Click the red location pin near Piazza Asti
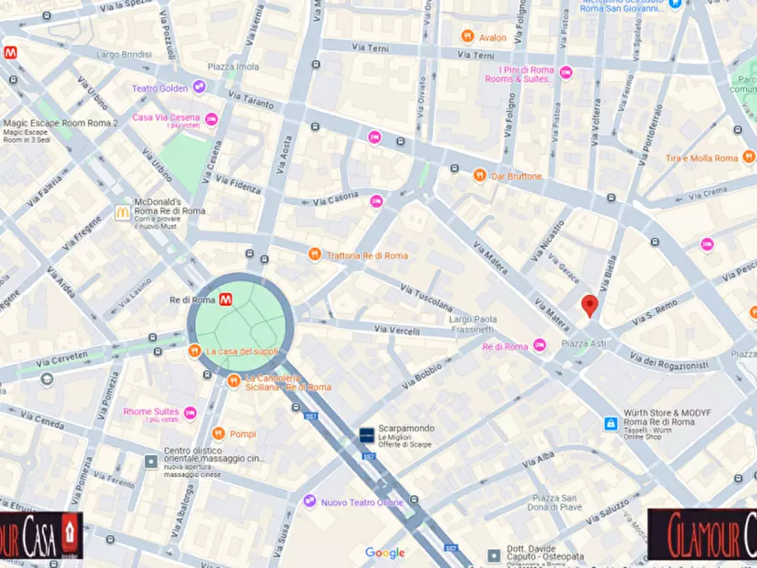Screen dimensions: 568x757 [589, 305]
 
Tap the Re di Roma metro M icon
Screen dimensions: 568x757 [225, 299]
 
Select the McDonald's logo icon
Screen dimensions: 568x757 [123, 213]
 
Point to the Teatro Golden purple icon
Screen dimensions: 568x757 [198, 87]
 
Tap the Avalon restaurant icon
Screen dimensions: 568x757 [467, 36]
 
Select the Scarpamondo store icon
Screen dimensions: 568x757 [366, 434]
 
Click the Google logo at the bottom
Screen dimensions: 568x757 [385, 553]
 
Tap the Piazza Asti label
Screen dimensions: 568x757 [584, 344]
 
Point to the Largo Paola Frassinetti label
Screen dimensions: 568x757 [470, 324]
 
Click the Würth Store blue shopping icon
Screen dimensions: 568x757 [610, 423]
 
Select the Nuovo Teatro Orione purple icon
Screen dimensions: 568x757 [309, 502]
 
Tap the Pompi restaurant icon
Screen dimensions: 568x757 [218, 433]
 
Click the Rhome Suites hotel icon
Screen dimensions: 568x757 [190, 413]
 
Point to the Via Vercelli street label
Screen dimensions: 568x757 [398, 330]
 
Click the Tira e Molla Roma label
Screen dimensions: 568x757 [702, 159]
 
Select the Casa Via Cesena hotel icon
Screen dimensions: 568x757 [212, 119]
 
